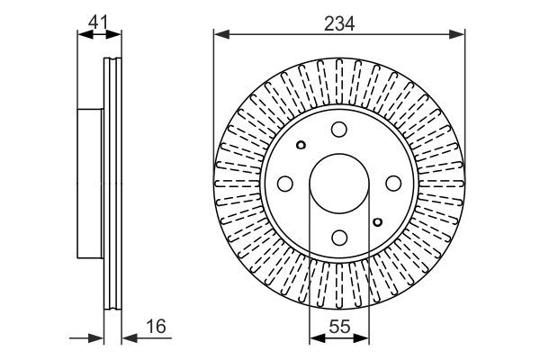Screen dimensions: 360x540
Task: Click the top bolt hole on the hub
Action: tap(339, 130)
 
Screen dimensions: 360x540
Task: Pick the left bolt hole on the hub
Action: tap(285, 184)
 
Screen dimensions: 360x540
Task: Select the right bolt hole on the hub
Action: tap(393, 184)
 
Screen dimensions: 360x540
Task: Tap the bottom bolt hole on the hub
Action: tap(339, 238)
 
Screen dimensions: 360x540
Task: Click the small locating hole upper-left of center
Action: tap(301, 146)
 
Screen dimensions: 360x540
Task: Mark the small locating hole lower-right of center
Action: tap(378, 220)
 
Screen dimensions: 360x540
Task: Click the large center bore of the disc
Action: tap(339, 184)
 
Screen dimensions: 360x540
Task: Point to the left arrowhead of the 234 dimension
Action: tap(219, 35)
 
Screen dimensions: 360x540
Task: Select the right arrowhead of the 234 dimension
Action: tap(460, 35)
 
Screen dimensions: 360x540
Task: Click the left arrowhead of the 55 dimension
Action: tap(315, 339)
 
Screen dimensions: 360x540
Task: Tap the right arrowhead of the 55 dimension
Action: tap(364, 339)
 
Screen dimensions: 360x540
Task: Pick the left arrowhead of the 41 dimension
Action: tap(84, 35)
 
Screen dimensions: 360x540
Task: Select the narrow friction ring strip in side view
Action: tap(113, 184)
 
